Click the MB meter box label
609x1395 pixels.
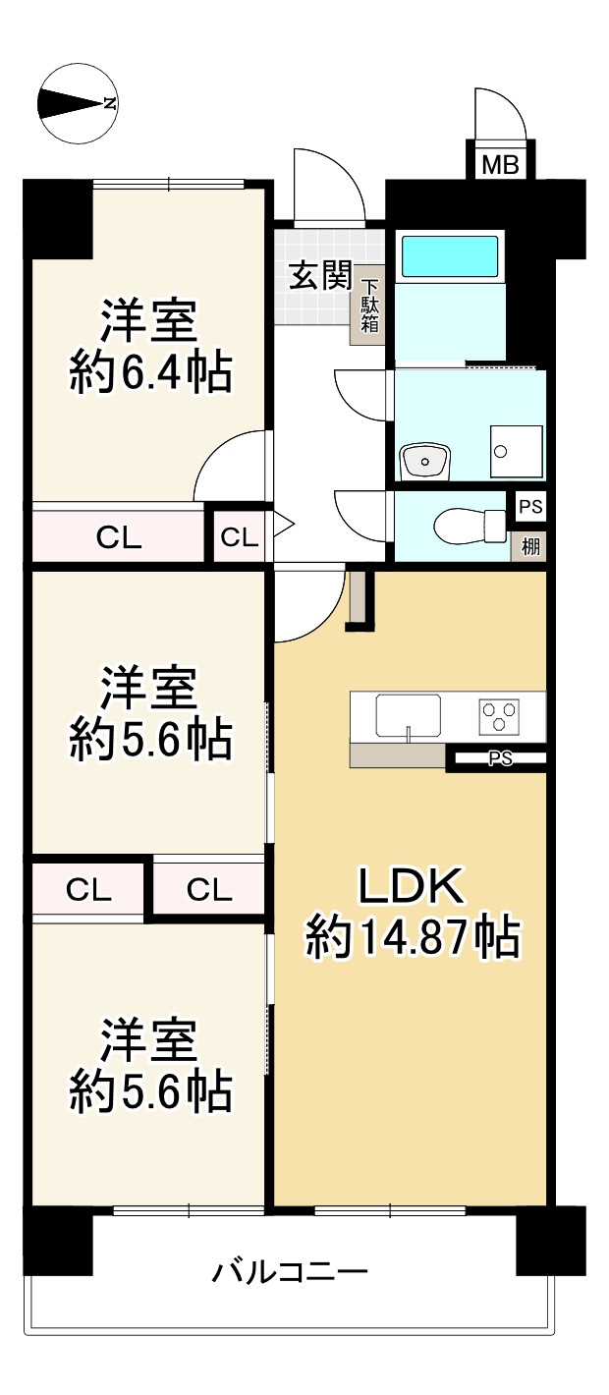pos(501,165)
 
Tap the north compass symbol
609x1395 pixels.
pos(78,103)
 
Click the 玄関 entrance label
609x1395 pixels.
pos(320,275)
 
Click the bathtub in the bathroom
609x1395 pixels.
pos(450,255)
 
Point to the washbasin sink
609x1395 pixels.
pos(424,462)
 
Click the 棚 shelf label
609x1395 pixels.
pos(530,547)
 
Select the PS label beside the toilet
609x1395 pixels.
pos(530,506)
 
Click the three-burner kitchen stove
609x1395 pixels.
pos(499,716)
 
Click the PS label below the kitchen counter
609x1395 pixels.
pos(500,757)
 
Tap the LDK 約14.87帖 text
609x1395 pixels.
pos(412,911)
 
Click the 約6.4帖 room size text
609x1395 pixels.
pos(150,372)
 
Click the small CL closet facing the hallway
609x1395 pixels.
pos(239,536)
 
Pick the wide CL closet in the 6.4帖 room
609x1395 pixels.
pos(118,536)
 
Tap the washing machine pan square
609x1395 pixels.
pos(517,452)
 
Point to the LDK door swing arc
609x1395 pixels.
pos(309,604)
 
